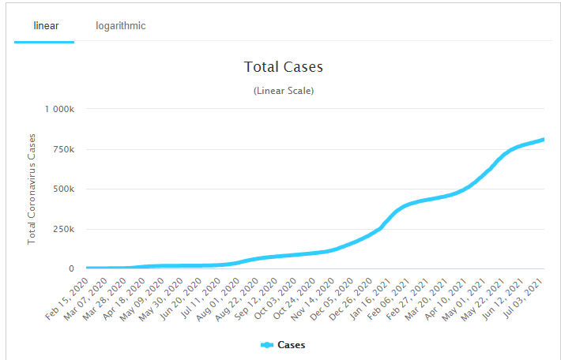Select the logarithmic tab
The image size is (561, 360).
pyautogui.click(x=121, y=25)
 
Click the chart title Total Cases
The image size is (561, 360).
pyautogui.click(x=284, y=67)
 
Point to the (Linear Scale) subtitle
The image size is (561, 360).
pyautogui.click(x=284, y=91)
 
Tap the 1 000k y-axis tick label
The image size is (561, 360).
pyautogui.click(x=58, y=109)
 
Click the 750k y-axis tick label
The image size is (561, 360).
pyautogui.click(x=62, y=149)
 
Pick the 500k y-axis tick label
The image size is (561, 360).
pyautogui.click(x=62, y=189)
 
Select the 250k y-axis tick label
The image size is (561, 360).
pyautogui.click(x=62, y=229)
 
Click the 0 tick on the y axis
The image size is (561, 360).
pyautogui.click(x=71, y=269)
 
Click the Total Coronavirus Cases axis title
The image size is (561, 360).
pyautogui.click(x=32, y=189)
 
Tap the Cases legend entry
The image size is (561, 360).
pyautogui.click(x=291, y=345)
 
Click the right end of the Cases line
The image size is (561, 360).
pyautogui.click(x=544, y=140)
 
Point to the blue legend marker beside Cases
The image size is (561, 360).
pyautogui.click(x=267, y=345)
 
